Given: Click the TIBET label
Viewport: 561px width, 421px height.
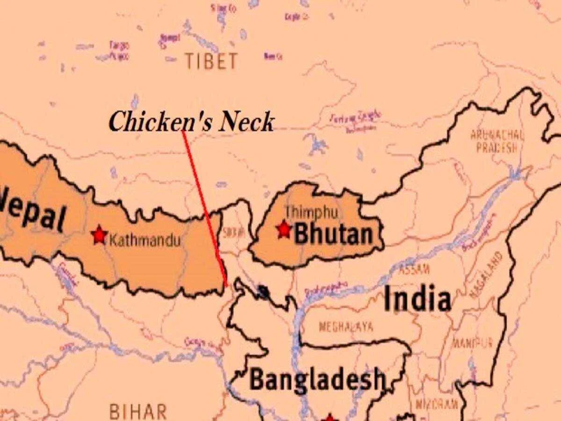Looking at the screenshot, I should point(211,61).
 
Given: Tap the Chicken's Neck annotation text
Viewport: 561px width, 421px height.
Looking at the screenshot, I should point(191,123).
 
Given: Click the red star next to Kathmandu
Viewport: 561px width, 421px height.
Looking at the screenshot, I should point(99,235).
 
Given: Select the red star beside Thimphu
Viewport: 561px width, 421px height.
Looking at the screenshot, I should point(283,229).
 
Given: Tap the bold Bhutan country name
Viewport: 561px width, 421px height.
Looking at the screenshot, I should point(334,234).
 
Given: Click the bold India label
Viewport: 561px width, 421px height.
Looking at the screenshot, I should point(417,299).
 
